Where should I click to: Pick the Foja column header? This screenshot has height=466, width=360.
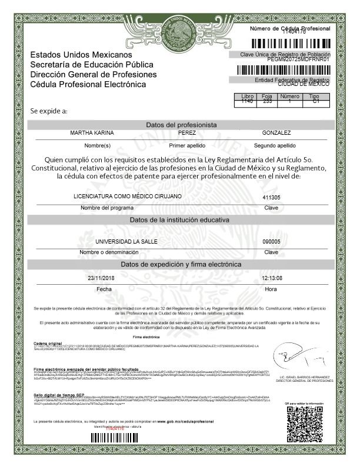tap(267, 96)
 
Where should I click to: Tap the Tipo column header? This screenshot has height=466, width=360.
tap(314, 96)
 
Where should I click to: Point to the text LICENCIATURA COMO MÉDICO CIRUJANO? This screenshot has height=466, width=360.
tap(128, 196)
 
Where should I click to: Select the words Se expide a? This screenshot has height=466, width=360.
tap(49, 111)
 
